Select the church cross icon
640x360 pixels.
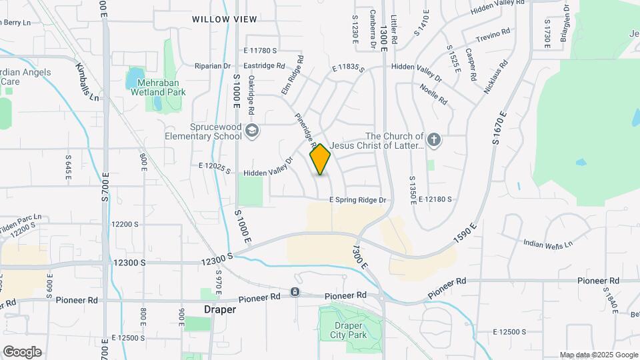coord(434,140)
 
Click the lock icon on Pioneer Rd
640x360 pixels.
coord(295,292)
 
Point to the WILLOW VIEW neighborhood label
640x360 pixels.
coord(225,19)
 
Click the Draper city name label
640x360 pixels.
coord(221,310)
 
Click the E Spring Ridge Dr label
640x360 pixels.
coord(358,200)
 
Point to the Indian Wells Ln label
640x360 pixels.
coord(548,244)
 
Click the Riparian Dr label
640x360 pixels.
coord(213,66)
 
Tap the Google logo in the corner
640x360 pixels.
coord(22,352)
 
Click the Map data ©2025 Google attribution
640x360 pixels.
coord(599,355)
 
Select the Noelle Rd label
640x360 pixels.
coord(433,93)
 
